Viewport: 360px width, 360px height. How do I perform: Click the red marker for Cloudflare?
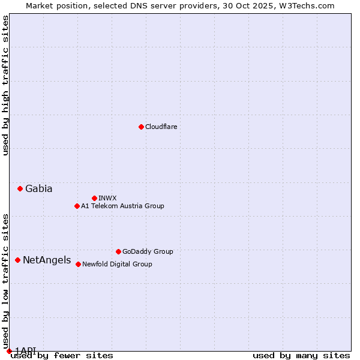coord(141,127)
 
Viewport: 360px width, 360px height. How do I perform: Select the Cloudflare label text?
coord(161,127)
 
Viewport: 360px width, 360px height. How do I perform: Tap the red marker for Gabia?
coord(20,188)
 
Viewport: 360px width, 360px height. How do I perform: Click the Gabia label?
coord(38,188)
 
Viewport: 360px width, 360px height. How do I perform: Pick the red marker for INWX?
coord(94,198)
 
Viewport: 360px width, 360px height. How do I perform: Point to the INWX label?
coord(107,198)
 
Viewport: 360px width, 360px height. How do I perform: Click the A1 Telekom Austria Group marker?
coord(77,206)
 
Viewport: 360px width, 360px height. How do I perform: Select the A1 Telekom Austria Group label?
coord(122,206)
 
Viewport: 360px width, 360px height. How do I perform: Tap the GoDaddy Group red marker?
coord(118,251)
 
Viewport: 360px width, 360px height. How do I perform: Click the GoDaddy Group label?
coord(147,251)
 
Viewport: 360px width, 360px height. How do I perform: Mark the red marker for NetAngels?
coord(17,260)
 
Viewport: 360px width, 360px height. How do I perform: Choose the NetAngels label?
coord(46,260)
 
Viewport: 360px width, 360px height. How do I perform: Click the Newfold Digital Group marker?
coord(78,264)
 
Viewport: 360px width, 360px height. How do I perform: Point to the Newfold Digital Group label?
coord(117,264)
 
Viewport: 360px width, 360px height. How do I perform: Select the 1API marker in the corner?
coord(9,351)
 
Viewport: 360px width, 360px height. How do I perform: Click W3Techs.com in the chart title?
coord(305,5)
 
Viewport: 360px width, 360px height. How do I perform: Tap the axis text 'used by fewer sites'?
coord(62,355)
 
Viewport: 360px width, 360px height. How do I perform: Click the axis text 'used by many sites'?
coord(301,355)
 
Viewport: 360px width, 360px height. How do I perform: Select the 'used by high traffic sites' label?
coord(5,85)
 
